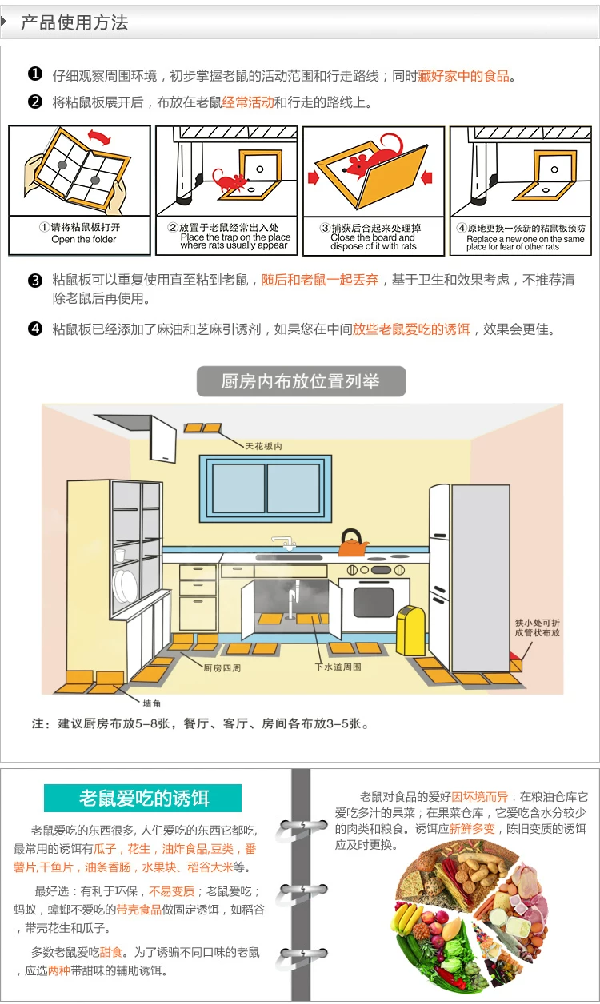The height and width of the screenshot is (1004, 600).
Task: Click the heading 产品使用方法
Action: (x=74, y=22)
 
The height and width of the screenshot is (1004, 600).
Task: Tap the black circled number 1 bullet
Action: (x=34, y=75)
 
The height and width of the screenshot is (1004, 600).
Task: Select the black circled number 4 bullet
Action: (x=34, y=329)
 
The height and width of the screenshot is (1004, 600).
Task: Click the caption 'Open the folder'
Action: (x=83, y=239)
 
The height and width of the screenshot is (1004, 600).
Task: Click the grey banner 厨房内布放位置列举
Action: (x=301, y=381)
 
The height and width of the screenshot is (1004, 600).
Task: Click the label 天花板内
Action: (x=263, y=446)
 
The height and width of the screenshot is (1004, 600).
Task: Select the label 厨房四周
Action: (x=222, y=667)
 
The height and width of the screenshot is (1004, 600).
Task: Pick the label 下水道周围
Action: (x=338, y=666)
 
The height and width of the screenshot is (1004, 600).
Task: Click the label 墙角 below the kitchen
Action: (x=151, y=703)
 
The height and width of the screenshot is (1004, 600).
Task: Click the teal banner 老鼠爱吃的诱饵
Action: (x=142, y=798)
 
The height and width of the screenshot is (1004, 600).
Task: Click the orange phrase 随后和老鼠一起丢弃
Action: (x=320, y=281)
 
